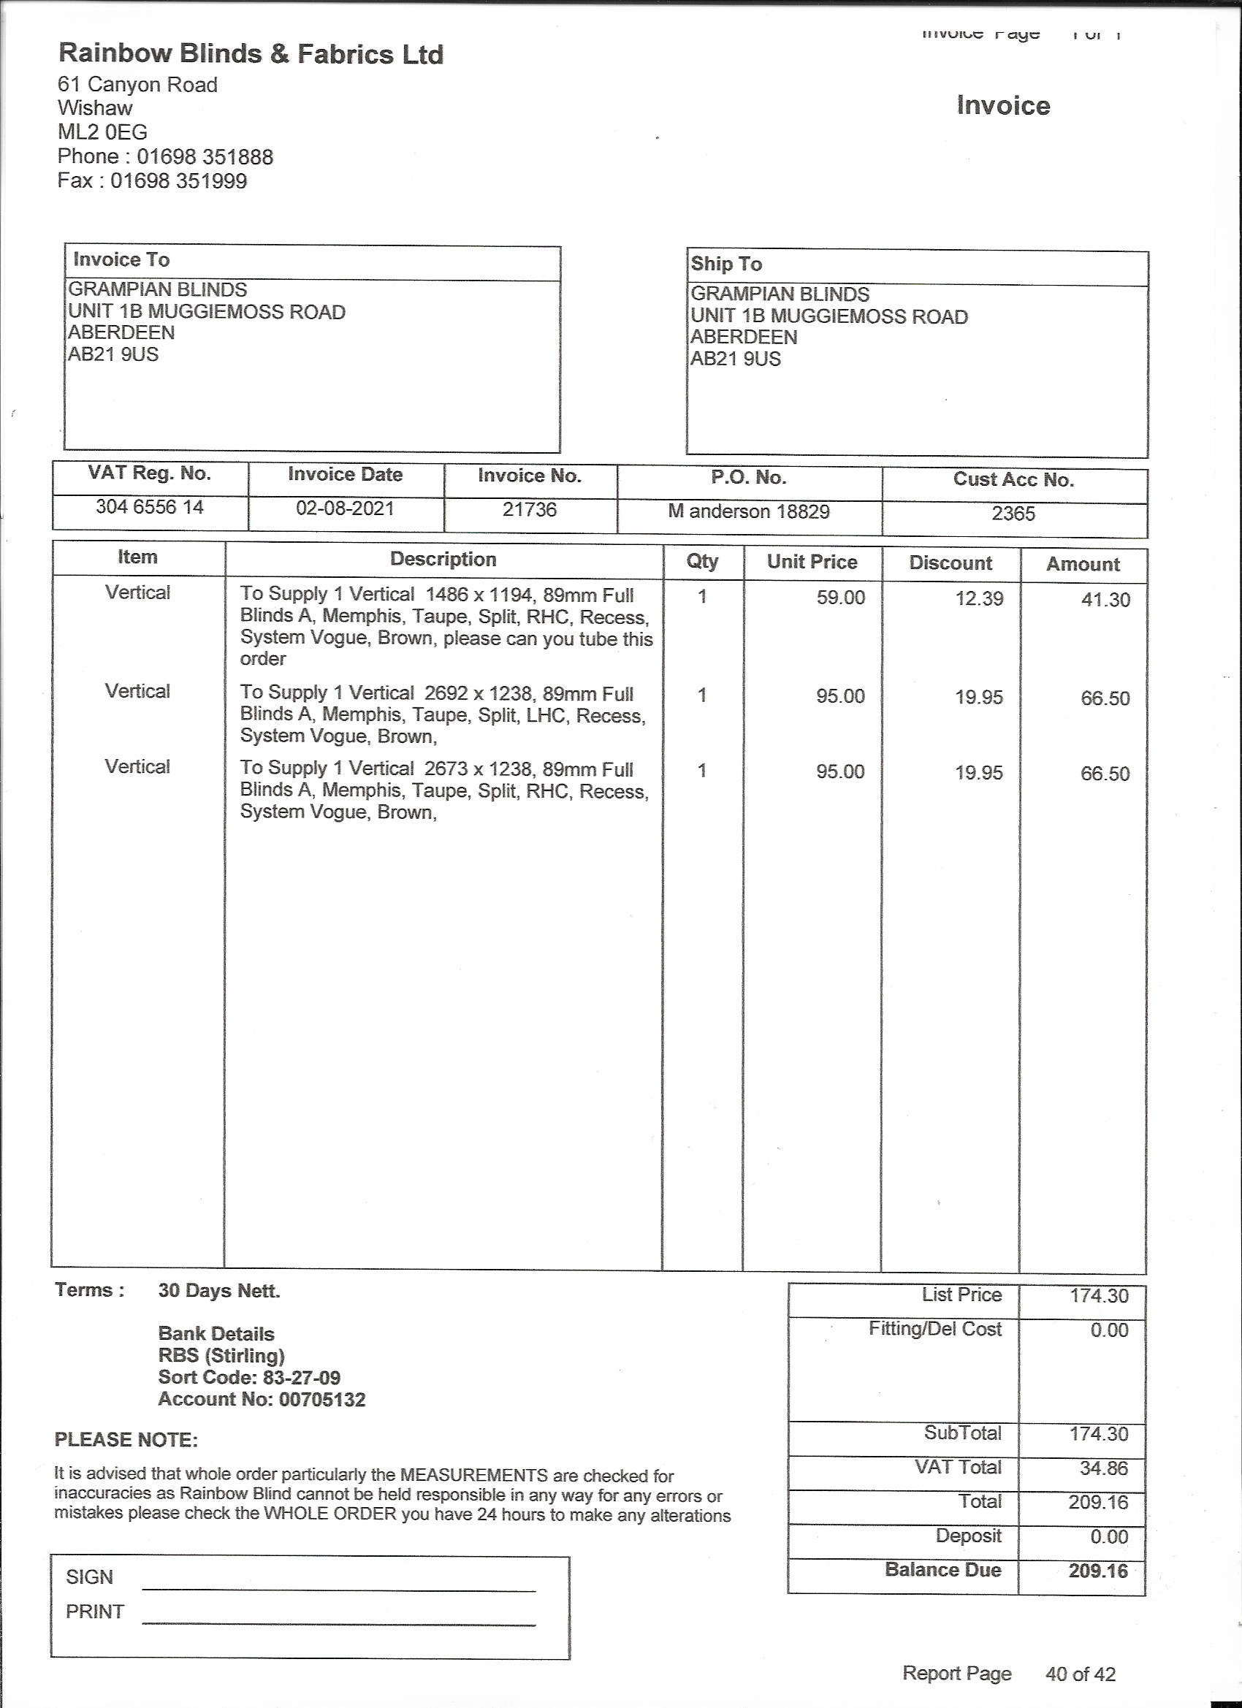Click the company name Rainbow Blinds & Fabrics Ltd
251,54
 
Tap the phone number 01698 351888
205,156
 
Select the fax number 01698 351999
178,180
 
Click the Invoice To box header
121,260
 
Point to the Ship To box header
726,264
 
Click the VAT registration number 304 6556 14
149,507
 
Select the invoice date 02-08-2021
345,508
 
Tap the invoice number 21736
530,510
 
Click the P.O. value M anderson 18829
749,512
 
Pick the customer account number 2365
1013,514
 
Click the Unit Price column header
812,562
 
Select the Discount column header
950,563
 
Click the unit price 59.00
841,598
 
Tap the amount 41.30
1105,601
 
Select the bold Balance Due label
943,1569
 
